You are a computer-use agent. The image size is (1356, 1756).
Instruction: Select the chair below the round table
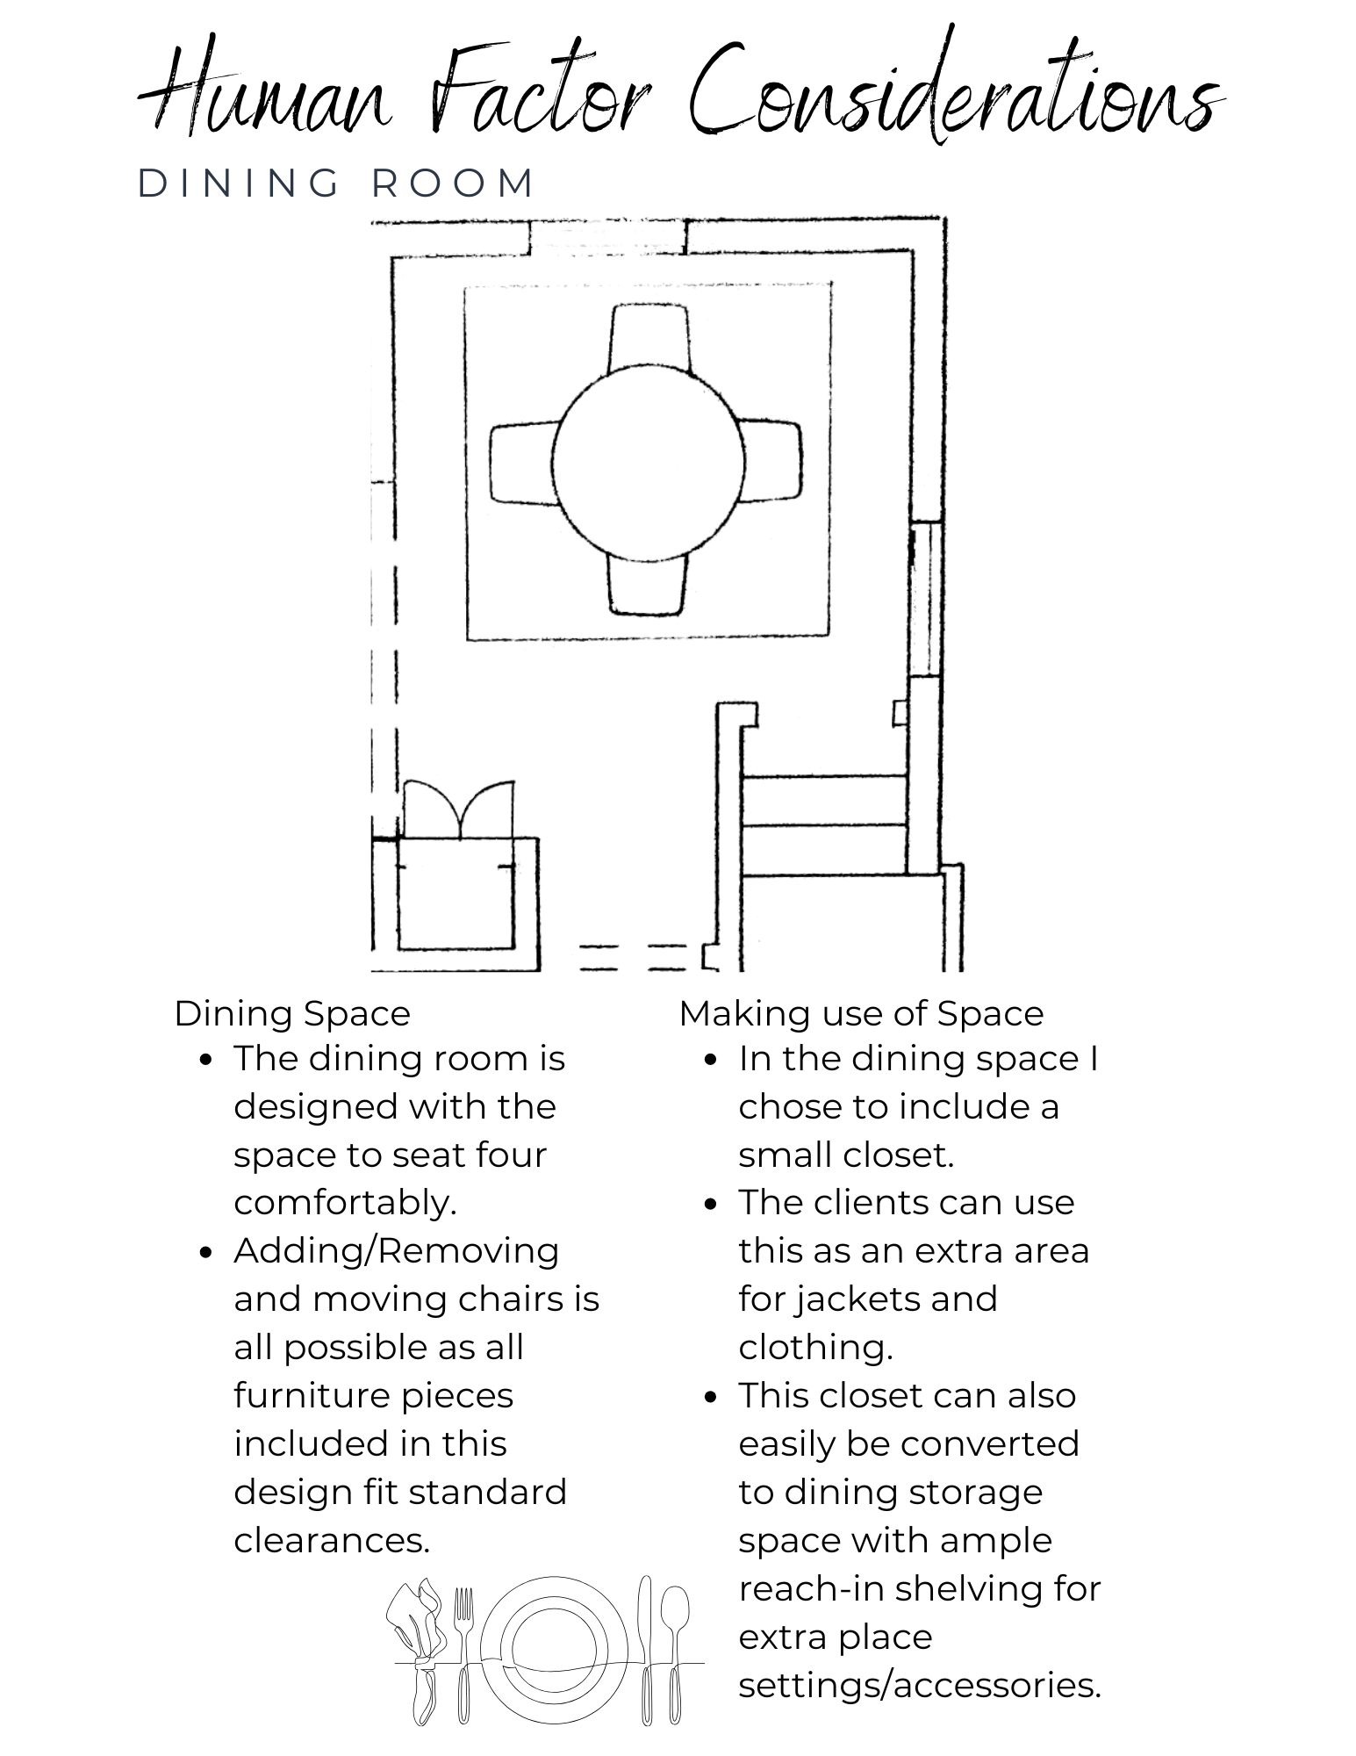coord(647,581)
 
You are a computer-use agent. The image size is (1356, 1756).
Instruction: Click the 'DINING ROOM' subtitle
coord(337,184)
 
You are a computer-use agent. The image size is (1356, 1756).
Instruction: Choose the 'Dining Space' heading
coord(292,1014)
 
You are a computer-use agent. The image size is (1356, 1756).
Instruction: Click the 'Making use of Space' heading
coord(861,1013)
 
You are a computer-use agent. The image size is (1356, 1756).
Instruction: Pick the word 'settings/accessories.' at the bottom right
coord(920,1685)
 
